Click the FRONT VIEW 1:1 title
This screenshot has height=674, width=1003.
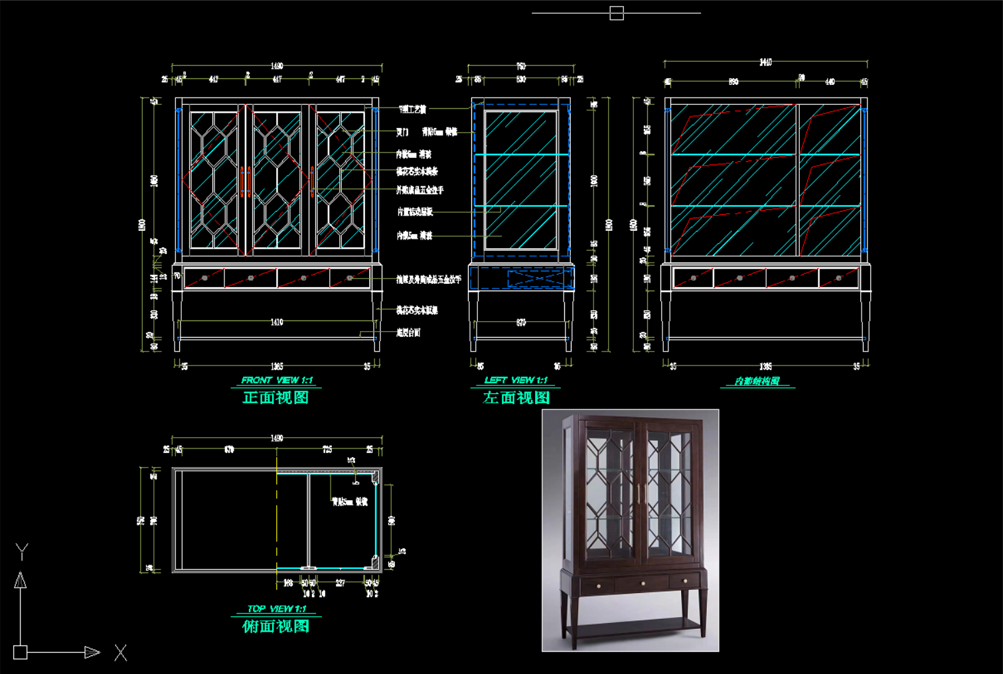pyautogui.click(x=276, y=380)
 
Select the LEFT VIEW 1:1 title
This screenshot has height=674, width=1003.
pyautogui.click(x=516, y=380)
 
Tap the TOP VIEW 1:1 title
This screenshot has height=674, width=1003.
pyautogui.click(x=276, y=608)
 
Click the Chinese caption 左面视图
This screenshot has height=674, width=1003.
pyautogui.click(x=516, y=397)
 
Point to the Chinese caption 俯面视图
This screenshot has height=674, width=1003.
pyautogui.click(x=276, y=626)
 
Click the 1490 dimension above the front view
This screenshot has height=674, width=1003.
pyautogui.click(x=277, y=66)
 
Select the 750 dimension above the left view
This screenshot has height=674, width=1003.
pyautogui.click(x=521, y=66)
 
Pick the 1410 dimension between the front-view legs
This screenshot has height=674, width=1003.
pyautogui.click(x=277, y=322)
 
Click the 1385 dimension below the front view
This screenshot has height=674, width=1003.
pyautogui.click(x=277, y=366)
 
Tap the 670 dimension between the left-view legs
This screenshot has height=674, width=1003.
pyautogui.click(x=521, y=322)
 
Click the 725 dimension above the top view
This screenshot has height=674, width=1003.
pyautogui.click(x=327, y=449)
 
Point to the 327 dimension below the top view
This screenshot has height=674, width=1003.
pyautogui.click(x=340, y=583)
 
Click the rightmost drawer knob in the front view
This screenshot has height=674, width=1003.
pyautogui.click(x=349, y=278)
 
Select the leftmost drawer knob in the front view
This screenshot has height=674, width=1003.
pyautogui.click(x=204, y=278)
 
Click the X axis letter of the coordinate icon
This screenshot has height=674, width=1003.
pyautogui.click(x=120, y=653)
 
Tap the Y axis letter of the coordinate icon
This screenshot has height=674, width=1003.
pyautogui.click(x=22, y=551)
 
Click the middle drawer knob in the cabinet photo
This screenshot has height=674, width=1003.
pyautogui.click(x=643, y=583)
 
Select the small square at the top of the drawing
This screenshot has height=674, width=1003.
pyautogui.click(x=616, y=13)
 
